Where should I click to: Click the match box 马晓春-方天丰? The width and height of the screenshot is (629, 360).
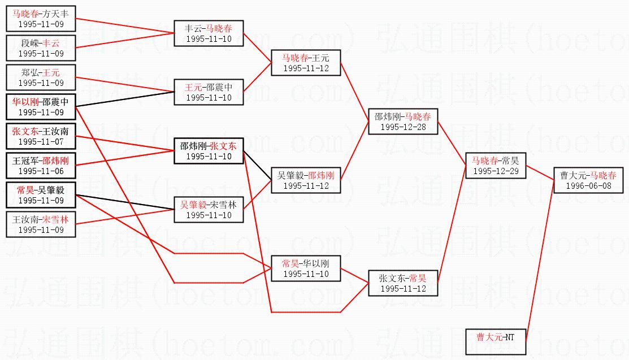click(x=41, y=19)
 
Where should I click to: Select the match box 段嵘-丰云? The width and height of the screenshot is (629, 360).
click(x=41, y=48)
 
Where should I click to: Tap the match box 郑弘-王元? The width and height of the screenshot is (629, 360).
click(x=41, y=77)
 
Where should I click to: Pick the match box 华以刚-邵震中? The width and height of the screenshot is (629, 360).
click(x=41, y=107)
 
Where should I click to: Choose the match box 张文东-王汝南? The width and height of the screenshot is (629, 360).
click(x=41, y=136)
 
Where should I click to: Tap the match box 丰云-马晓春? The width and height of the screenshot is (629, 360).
click(x=209, y=33)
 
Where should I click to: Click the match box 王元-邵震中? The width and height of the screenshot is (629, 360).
click(x=209, y=92)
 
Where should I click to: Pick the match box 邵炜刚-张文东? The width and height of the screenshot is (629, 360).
click(x=209, y=151)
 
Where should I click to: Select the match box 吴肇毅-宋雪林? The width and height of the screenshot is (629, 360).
click(x=209, y=210)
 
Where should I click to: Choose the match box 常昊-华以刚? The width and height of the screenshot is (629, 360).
click(x=306, y=268)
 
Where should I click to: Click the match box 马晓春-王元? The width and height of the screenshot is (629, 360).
click(x=306, y=63)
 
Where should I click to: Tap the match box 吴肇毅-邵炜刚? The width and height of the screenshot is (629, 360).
click(x=306, y=180)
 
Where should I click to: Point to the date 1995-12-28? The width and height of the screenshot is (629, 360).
click(x=403, y=127)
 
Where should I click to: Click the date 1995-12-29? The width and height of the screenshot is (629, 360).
click(x=496, y=171)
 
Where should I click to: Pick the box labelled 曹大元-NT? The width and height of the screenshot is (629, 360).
click(x=496, y=342)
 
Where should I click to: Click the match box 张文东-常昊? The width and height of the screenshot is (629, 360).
click(x=403, y=283)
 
